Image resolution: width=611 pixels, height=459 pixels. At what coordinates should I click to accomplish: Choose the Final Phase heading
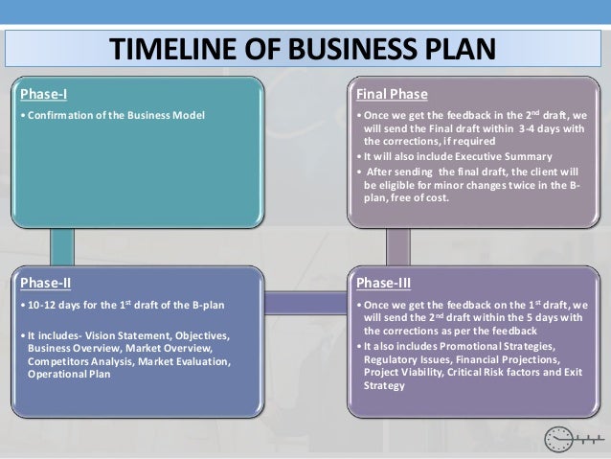(392, 94)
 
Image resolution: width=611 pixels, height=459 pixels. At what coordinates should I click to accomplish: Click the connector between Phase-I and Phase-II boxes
(61, 246)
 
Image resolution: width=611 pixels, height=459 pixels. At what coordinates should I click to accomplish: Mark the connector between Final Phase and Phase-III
(397, 246)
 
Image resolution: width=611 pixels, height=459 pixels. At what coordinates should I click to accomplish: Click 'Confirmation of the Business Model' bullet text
(116, 117)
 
